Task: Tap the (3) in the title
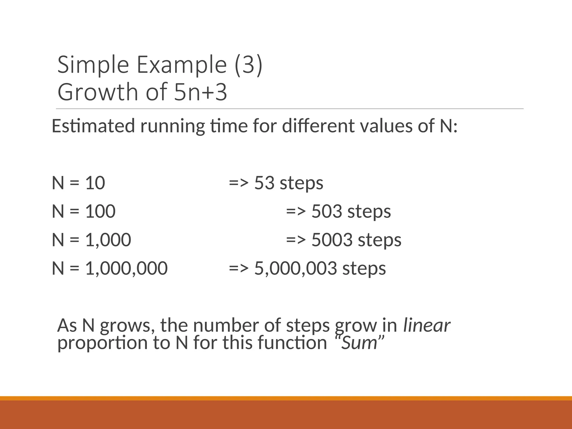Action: coord(248,65)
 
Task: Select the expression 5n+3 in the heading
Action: coord(200,92)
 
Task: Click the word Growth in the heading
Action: coord(98,92)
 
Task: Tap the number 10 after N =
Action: coord(95,183)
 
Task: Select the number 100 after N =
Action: coord(100,211)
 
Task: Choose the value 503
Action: coord(327,211)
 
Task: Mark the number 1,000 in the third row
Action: coord(108,240)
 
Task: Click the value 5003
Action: coord(332,240)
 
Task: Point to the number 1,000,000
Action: coord(126,268)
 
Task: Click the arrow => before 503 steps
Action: coord(296,211)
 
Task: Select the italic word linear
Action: coord(427,325)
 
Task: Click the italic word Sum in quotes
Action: coord(359,343)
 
